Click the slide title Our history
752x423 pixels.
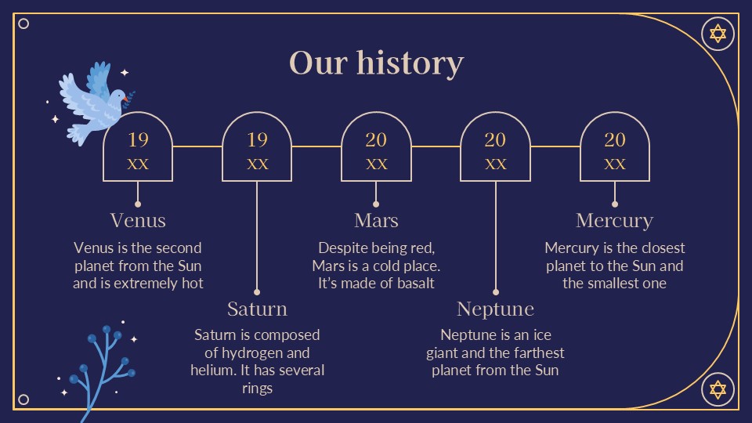(x=377, y=63)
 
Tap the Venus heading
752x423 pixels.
(x=138, y=221)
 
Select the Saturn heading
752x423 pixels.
(x=257, y=309)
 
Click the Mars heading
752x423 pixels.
(x=376, y=221)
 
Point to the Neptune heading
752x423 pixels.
(x=495, y=309)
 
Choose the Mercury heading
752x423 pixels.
(x=614, y=221)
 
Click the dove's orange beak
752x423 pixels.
(x=125, y=99)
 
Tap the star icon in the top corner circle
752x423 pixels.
(x=718, y=34)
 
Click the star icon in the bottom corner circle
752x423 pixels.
(x=718, y=389)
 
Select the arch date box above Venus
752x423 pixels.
(x=138, y=146)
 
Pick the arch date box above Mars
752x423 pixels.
(x=376, y=146)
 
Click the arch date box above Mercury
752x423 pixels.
(x=615, y=146)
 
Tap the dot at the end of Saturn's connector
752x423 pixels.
(x=257, y=292)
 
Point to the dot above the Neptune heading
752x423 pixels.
(x=495, y=292)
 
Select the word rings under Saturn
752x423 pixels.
(x=257, y=389)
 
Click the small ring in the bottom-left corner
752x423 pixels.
(x=23, y=399)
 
